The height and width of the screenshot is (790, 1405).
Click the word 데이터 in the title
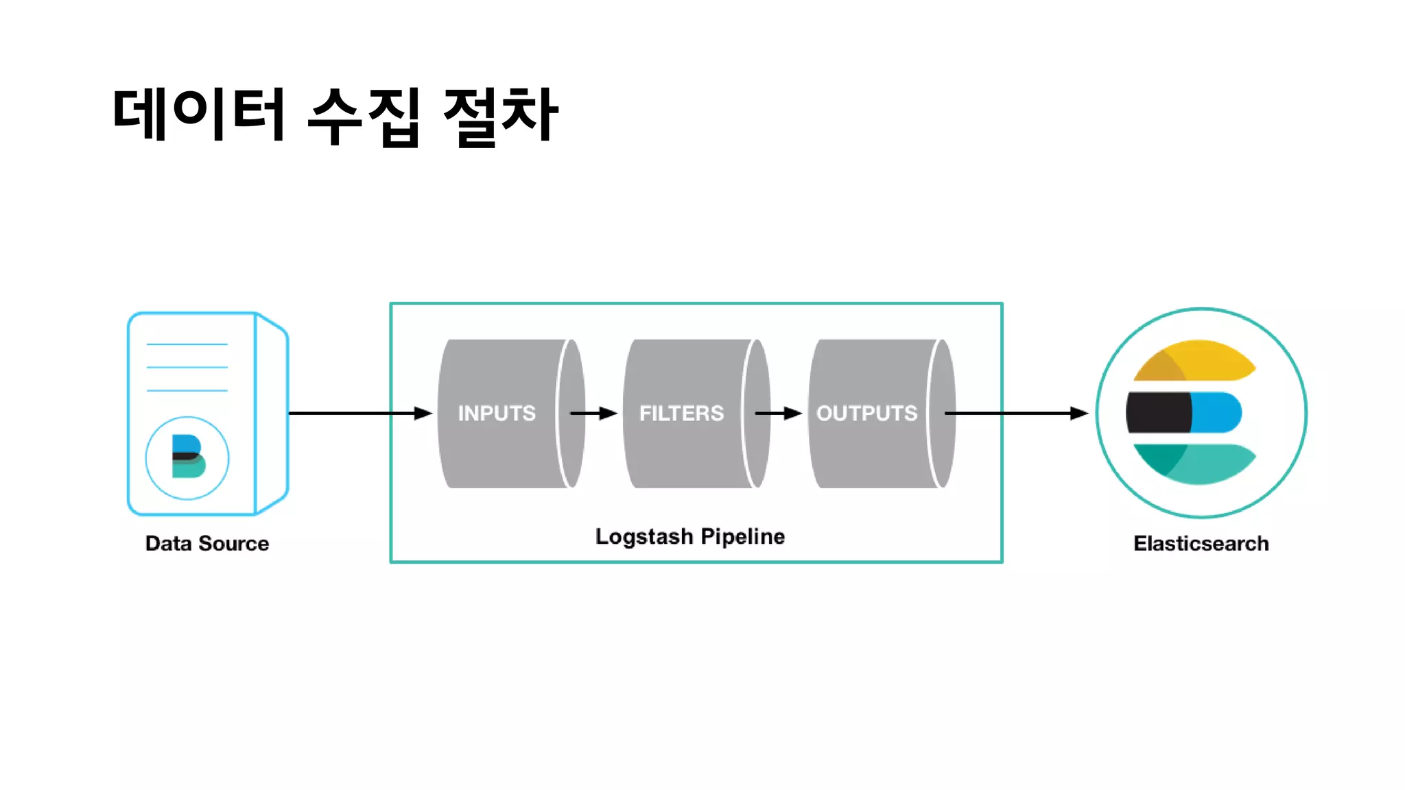coord(199,115)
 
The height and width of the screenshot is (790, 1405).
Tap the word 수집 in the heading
coord(364,117)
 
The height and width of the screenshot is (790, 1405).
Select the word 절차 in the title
coord(501,117)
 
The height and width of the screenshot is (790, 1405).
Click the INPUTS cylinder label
coord(497,413)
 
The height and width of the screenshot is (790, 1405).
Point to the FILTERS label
coord(681,413)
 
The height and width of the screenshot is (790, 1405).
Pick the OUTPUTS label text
coord(866,413)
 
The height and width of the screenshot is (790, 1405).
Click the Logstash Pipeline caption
coord(690,536)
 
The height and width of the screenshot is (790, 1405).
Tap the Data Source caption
coord(207,543)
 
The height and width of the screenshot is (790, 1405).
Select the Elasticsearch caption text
coord(1201,543)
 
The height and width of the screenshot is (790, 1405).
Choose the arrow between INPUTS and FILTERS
coord(594,413)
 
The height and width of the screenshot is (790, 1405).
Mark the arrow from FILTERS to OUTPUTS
coord(779,413)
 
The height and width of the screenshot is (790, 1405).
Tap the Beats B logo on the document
coord(187,457)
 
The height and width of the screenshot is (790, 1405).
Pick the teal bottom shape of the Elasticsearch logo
coord(1197,463)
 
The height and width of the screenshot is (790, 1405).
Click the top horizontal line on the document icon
coord(187,344)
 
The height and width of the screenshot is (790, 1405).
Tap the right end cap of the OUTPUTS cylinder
coord(943,414)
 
